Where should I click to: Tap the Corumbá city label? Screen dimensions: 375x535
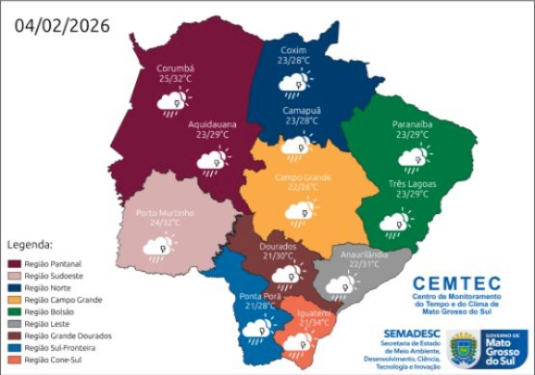tap(176, 69)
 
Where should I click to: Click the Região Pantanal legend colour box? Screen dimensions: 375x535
tap(14, 262)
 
